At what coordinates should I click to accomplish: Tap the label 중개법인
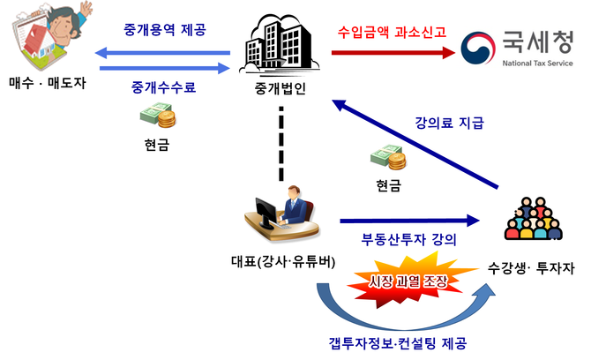(x=281, y=89)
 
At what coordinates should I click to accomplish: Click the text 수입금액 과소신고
(x=392, y=31)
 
